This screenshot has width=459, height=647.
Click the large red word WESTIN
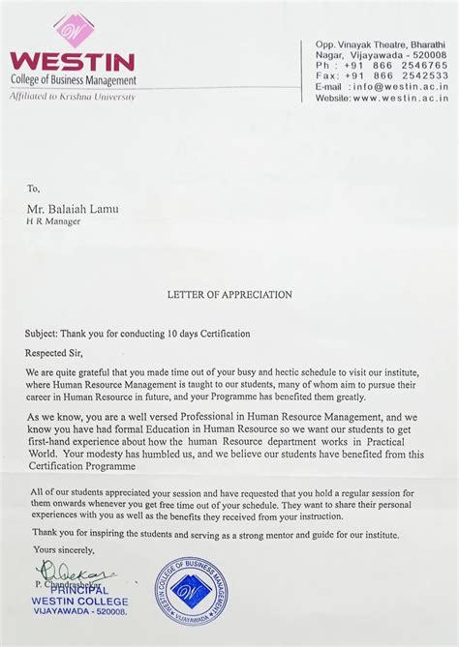click(73, 61)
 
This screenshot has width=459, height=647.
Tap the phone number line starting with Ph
click(382, 65)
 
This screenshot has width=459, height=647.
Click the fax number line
click(382, 75)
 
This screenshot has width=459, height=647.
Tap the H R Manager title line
click(53, 221)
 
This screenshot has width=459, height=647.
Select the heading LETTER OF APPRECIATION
click(229, 294)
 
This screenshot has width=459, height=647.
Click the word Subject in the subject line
click(44, 334)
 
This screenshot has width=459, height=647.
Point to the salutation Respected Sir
click(56, 354)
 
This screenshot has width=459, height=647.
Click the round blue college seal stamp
click(192, 590)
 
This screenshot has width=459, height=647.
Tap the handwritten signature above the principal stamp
click(76, 573)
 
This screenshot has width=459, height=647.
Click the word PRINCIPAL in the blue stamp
click(75, 590)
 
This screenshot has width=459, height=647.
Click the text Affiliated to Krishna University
click(73, 97)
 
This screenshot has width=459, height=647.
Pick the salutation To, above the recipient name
click(34, 189)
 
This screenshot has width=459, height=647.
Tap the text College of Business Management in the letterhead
click(74, 80)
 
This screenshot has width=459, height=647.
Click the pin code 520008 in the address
click(427, 55)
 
